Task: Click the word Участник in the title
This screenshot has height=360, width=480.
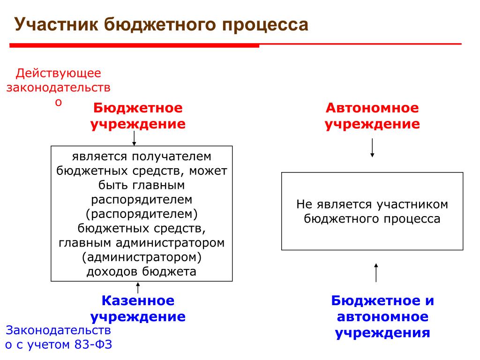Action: point(56,24)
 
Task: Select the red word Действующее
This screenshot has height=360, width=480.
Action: point(59,74)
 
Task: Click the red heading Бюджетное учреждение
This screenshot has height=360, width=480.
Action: point(138,116)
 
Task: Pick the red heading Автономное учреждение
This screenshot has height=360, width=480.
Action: point(372,116)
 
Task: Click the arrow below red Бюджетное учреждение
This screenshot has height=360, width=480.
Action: point(134,138)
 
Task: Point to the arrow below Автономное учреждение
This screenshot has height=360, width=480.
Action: point(372,148)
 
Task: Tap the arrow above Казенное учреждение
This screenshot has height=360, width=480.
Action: point(138,288)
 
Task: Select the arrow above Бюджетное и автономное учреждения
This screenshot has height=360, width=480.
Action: point(376,273)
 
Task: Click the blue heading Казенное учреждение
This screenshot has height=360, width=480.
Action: point(138,308)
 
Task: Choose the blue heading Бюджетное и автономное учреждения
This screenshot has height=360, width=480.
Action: point(382,317)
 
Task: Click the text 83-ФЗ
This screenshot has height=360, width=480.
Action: point(93,345)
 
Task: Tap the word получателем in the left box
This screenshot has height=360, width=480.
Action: point(172,157)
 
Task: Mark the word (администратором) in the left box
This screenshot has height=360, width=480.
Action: point(142,257)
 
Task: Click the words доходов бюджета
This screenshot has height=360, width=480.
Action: point(142,272)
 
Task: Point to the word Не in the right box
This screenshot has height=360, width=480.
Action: point(305,204)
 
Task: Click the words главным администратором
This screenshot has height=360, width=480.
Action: point(142,243)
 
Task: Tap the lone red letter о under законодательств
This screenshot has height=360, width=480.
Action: point(59,102)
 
